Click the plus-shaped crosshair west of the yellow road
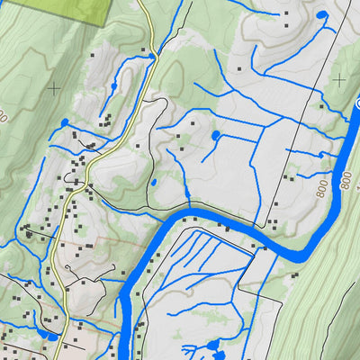[x=54, y=87]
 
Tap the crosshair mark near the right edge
[x=339, y=80]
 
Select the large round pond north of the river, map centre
[x=216, y=135]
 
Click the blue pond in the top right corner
[x=322, y=15]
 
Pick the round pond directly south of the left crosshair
[x=65, y=121]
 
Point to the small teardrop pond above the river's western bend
[x=153, y=183]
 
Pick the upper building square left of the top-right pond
[x=287, y=16]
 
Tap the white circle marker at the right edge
[x=357, y=106]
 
